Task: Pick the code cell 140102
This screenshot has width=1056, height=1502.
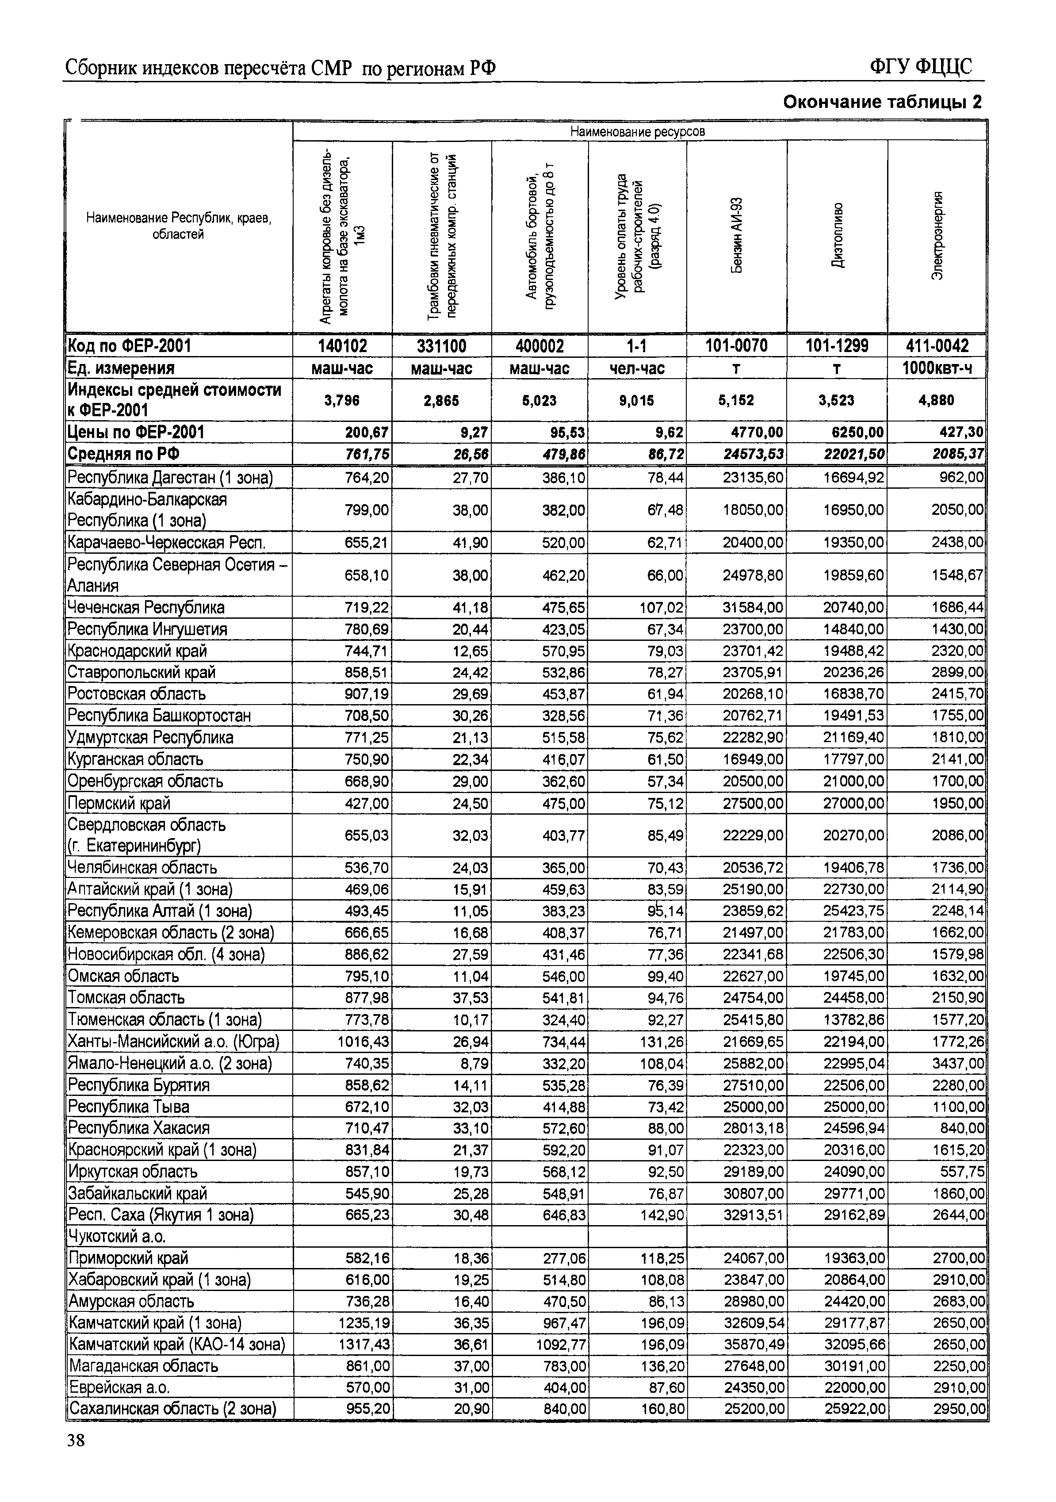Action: pos(343,346)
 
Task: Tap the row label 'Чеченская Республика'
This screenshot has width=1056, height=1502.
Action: pos(146,607)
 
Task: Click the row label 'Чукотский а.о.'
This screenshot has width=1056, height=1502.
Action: pos(117,1236)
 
